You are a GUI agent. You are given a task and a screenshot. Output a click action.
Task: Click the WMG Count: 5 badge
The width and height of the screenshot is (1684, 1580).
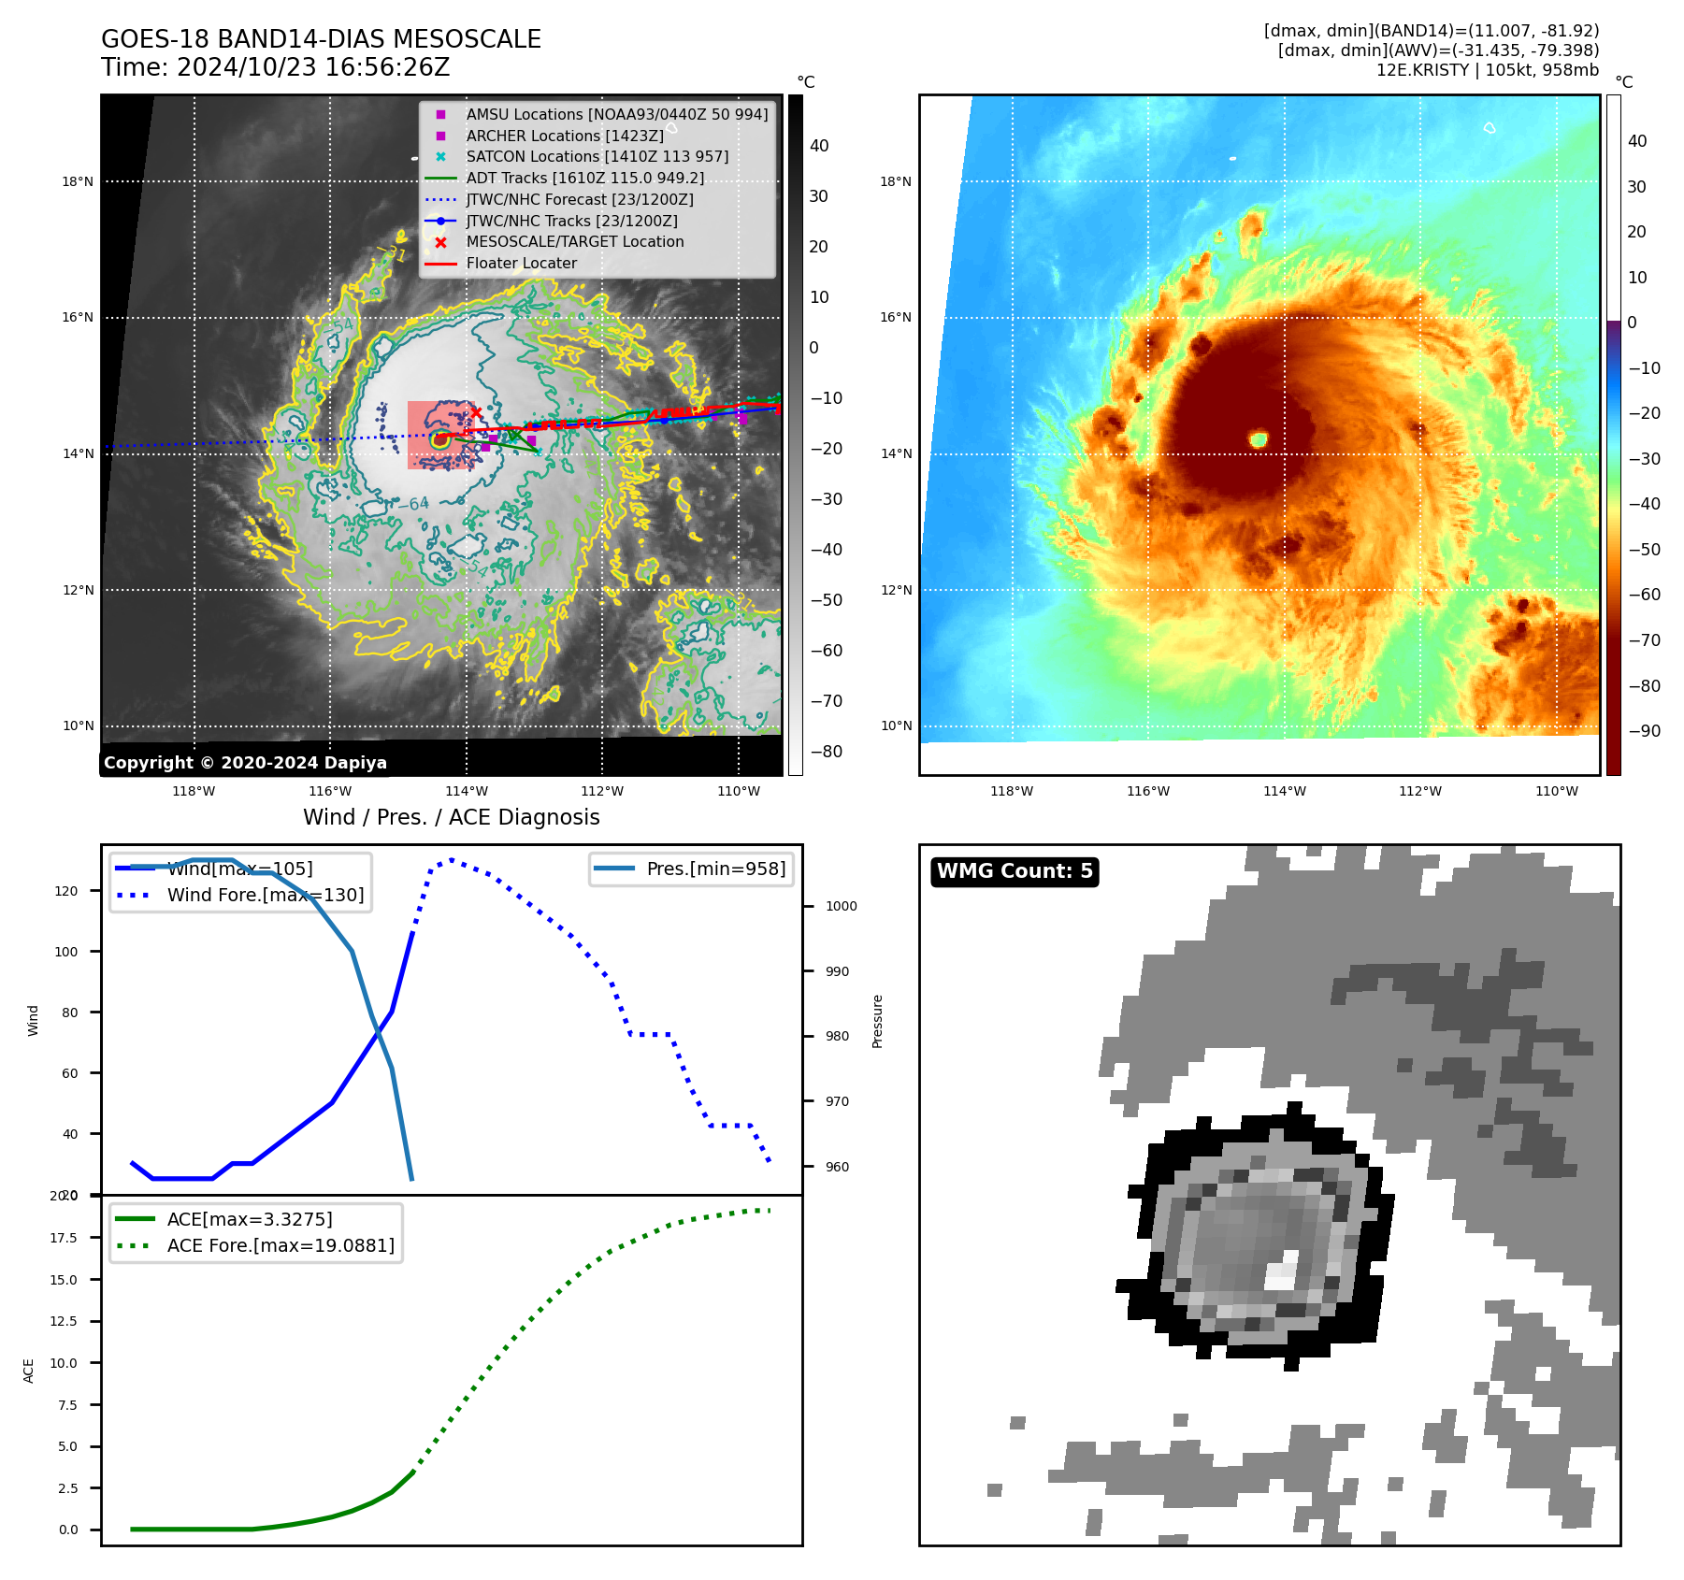1015,871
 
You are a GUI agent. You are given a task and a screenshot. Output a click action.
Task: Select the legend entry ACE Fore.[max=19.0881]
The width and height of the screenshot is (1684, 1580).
281,1245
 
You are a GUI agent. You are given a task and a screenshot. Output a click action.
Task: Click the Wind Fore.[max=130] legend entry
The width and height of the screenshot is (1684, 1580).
266,895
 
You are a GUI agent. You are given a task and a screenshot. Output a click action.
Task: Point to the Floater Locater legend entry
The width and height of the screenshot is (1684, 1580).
521,263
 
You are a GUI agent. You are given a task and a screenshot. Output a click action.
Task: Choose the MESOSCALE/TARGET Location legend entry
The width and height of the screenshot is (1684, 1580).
574,241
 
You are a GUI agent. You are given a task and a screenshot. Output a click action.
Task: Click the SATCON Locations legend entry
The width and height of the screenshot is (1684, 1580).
597,156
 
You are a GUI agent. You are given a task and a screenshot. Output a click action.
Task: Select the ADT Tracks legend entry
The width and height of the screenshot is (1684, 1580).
584,178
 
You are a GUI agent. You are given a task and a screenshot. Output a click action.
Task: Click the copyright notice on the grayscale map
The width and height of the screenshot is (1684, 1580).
245,763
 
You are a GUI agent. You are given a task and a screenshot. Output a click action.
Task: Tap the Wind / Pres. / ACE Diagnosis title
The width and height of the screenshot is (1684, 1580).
451,817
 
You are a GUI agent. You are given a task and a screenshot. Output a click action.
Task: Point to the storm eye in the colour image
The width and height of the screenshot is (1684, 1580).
1259,438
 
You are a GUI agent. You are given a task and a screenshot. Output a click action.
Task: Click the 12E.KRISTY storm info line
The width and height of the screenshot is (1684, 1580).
1487,70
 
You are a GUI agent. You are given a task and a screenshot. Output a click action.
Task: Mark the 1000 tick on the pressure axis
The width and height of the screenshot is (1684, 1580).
841,906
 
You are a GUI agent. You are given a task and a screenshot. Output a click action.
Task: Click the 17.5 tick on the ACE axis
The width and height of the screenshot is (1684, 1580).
64,1238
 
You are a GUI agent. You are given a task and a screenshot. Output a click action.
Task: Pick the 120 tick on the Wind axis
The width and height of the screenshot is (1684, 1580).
66,891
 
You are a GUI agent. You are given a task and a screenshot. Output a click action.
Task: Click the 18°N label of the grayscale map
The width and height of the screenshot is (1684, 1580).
78,181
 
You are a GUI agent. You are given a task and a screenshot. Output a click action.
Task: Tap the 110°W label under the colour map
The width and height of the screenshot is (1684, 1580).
1556,791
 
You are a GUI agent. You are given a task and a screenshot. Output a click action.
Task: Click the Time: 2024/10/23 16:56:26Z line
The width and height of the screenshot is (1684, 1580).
276,67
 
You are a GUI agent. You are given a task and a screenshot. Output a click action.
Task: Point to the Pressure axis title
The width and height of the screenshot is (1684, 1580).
877,1021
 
